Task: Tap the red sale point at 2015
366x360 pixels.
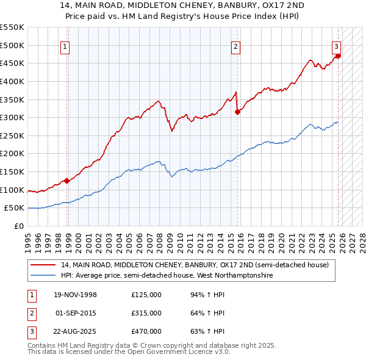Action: pyautogui.click(x=237, y=111)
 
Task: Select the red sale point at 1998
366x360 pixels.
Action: pyautogui.click(x=68, y=181)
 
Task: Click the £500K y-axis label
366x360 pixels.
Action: pyautogui.click(x=12, y=45)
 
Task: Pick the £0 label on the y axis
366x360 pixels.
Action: pyautogui.click(x=20, y=226)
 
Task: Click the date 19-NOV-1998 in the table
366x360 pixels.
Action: pyautogui.click(x=76, y=295)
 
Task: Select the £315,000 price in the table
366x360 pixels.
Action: pyautogui.click(x=146, y=313)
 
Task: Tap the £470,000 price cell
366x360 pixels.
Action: pyautogui.click(x=146, y=331)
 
